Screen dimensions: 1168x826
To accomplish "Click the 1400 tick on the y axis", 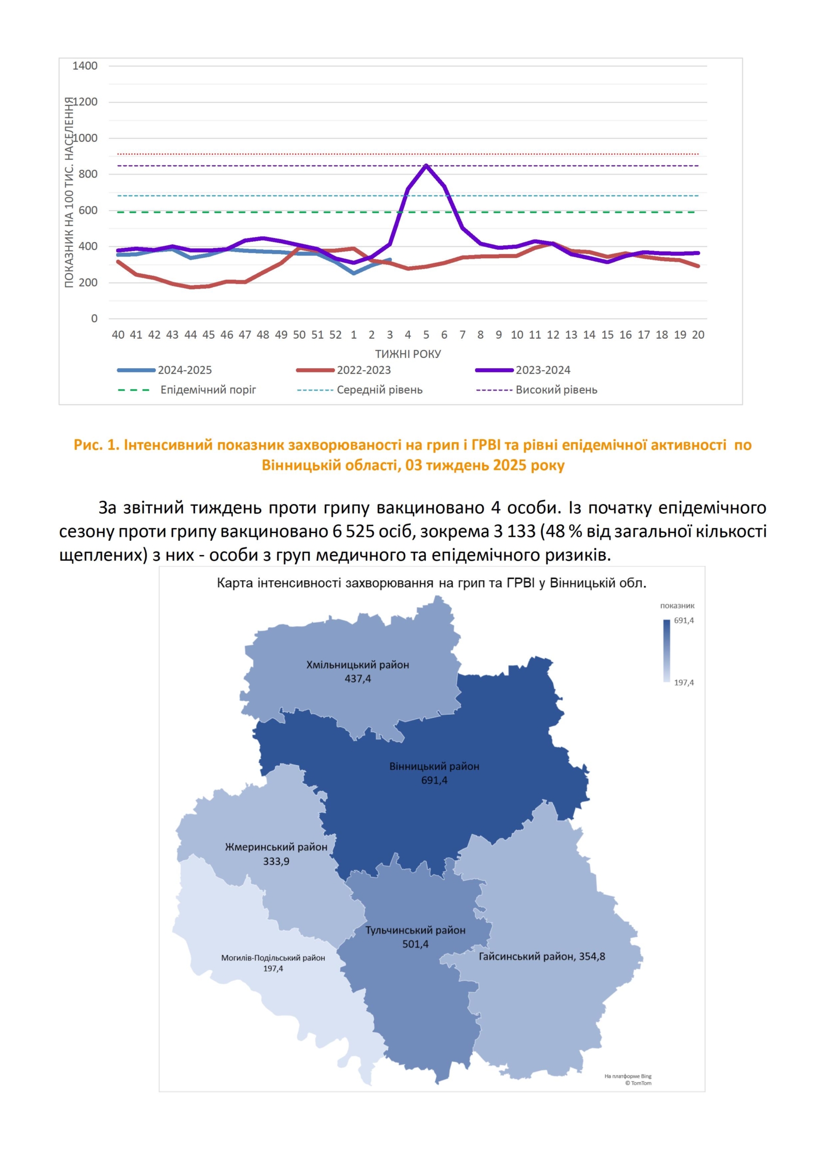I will [85, 66].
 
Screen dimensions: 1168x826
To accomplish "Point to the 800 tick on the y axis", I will [88, 174].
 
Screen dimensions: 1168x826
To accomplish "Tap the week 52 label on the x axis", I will [335, 335].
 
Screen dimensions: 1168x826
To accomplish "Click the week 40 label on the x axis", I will [118, 335].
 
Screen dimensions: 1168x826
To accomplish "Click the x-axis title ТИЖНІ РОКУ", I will [408, 354].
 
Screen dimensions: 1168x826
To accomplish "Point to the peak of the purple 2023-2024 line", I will [426, 165].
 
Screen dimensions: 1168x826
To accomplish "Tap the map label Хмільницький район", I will [358, 665].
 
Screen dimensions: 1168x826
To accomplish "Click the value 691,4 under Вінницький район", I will [434, 780].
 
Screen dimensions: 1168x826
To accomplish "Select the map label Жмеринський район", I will [276, 847].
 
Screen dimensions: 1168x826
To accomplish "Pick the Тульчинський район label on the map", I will [416, 930].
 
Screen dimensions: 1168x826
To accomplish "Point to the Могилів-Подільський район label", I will [273, 958].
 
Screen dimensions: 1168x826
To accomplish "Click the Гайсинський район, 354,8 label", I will [542, 956].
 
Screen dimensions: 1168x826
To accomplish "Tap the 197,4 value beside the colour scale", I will [684, 683].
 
